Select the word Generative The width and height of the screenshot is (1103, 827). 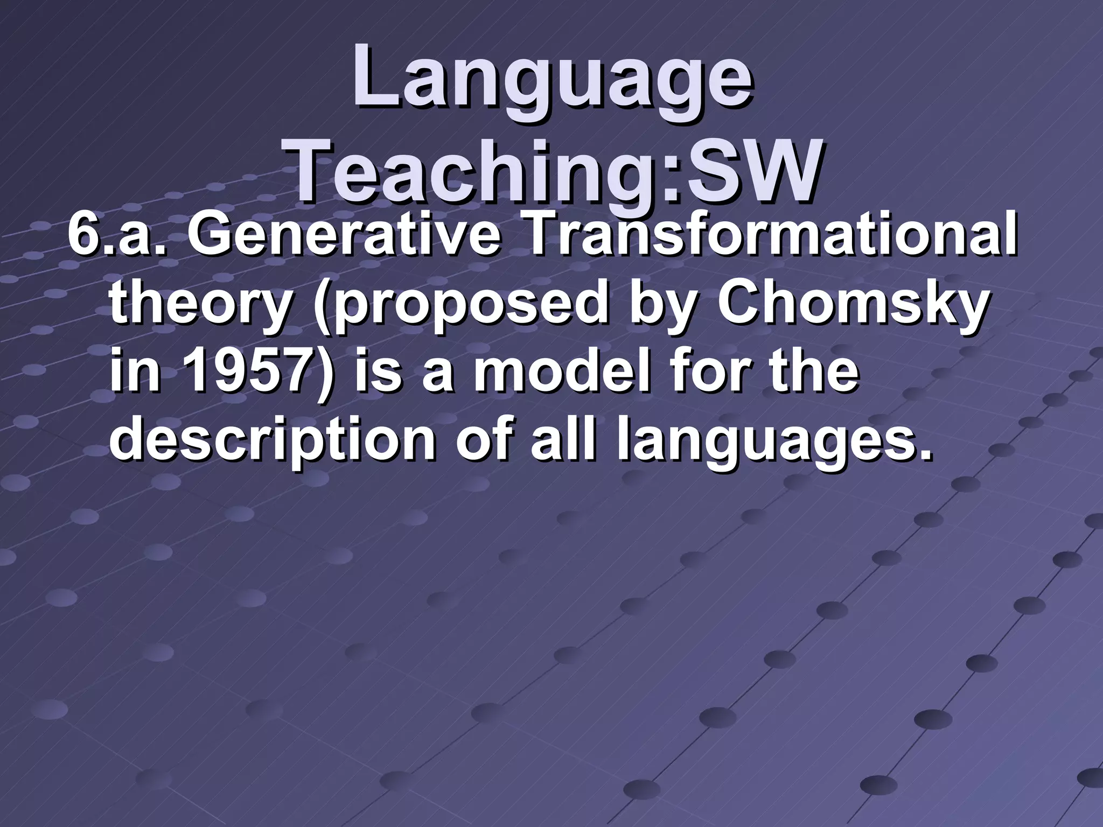click(x=343, y=240)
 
